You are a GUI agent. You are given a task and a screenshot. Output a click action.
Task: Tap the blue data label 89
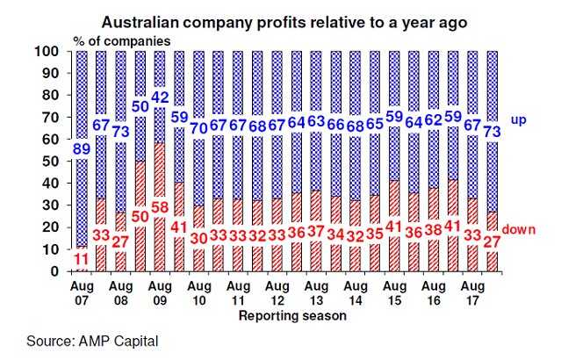tap(80, 150)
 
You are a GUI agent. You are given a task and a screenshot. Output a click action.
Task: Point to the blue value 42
tap(160, 97)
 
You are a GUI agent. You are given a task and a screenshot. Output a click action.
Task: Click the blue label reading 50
tap(140, 107)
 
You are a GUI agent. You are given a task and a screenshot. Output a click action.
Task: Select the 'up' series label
tap(519, 119)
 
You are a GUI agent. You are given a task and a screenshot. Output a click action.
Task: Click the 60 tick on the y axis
tap(61, 140)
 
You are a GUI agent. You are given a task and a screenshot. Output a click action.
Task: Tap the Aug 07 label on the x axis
tap(80, 289)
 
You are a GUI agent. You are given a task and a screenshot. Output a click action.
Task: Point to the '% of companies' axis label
tap(122, 40)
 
